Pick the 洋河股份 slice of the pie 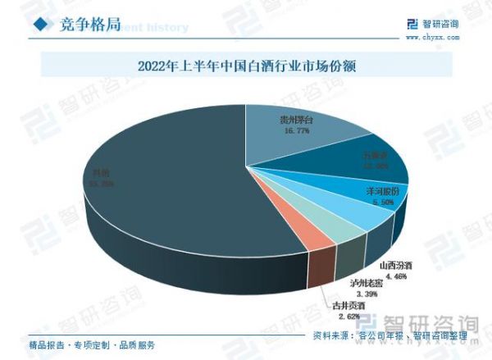pos(365,199)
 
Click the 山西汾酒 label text pos(395,266)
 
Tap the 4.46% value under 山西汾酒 pos(394,276)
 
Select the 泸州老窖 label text pos(367,284)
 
